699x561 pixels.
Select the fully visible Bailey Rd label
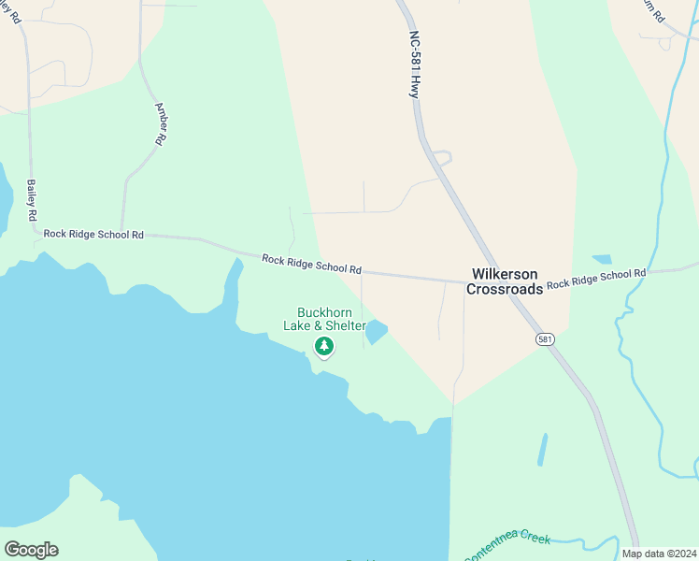click(31, 199)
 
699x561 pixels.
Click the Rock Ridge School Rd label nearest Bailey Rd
click(93, 234)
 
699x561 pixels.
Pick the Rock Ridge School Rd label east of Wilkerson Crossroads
click(596, 279)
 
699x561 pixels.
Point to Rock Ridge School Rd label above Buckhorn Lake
click(311, 264)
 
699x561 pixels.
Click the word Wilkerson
click(505, 274)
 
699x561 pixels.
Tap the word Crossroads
click(505, 290)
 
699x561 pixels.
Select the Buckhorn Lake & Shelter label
click(324, 319)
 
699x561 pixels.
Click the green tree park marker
click(324, 347)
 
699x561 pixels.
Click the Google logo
click(31, 550)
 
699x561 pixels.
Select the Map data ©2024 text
click(659, 554)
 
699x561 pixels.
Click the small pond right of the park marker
click(376, 332)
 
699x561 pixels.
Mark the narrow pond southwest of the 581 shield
click(542, 451)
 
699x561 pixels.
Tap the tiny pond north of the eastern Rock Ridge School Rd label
click(602, 259)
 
